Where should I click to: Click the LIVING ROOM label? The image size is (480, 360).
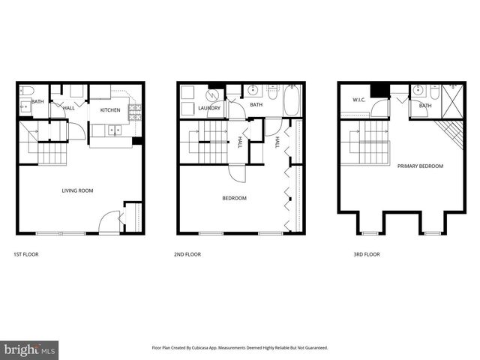(x=77, y=190)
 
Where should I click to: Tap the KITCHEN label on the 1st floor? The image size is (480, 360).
(x=111, y=109)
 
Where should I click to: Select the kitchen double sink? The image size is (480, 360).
(x=112, y=130)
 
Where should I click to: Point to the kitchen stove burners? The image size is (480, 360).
(x=135, y=112)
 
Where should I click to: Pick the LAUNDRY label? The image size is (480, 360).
(x=208, y=107)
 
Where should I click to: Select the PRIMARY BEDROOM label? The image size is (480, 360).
(x=420, y=166)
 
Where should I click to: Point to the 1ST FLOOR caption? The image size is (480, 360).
(x=26, y=254)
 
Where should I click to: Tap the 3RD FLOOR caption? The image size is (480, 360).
(x=367, y=254)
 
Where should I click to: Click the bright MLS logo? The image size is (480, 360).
(x=29, y=349)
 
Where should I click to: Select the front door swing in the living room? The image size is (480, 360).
(x=109, y=221)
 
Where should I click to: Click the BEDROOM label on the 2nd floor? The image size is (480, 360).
(x=234, y=198)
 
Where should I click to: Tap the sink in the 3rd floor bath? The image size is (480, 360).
(x=420, y=91)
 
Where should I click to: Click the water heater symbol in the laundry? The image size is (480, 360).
(x=213, y=96)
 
